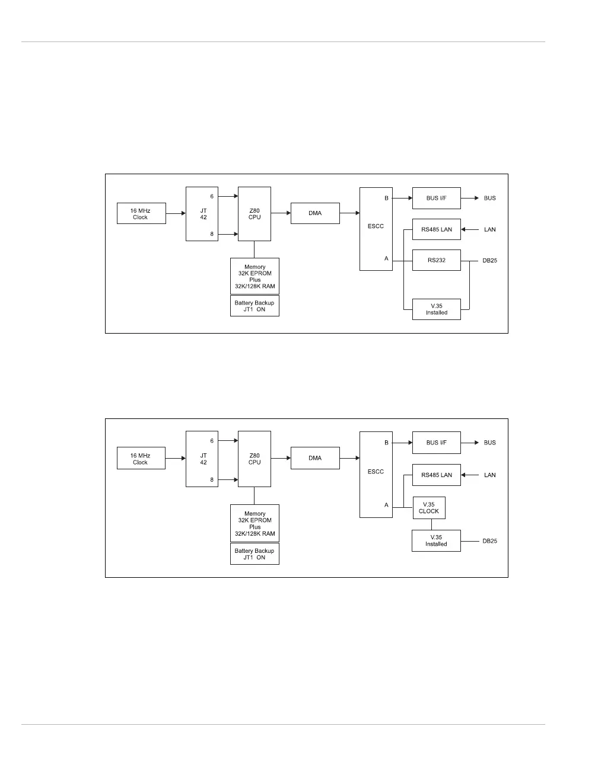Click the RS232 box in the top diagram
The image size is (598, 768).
point(436,260)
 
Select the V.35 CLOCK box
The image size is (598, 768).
point(428,508)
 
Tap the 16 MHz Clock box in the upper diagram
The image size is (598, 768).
point(141,214)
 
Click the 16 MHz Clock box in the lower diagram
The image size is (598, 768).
point(141,459)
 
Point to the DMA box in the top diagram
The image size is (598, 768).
point(315,213)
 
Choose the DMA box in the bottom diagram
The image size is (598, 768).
point(315,458)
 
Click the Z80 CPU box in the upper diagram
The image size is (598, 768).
point(255,214)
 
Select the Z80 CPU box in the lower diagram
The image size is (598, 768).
point(255,459)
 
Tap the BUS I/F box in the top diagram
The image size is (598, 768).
point(436,198)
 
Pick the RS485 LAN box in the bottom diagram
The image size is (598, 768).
point(436,475)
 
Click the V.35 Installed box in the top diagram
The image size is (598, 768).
point(436,309)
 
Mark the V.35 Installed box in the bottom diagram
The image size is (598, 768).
point(436,540)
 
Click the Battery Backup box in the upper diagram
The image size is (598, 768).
point(255,306)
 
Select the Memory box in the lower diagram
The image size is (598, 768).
point(255,523)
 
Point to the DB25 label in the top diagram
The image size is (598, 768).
point(489,261)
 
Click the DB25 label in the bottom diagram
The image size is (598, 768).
point(489,541)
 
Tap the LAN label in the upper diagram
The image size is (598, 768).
point(489,229)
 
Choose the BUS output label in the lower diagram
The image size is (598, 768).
point(489,443)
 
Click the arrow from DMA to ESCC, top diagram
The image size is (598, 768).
point(350,213)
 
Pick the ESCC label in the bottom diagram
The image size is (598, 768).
point(376,472)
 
